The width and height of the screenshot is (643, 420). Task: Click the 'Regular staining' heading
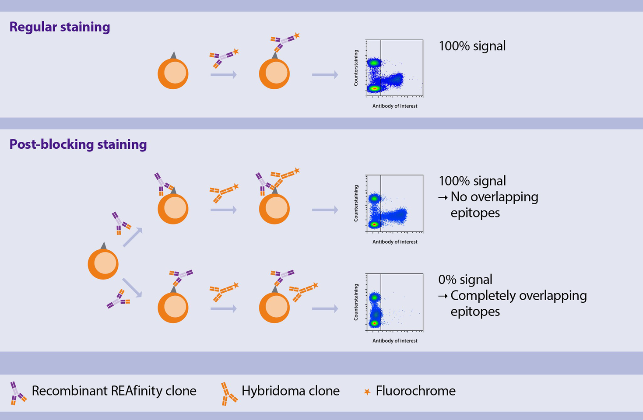(60, 27)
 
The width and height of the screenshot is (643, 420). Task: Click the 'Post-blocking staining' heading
(78, 144)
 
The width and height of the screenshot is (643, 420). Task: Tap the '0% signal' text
(465, 280)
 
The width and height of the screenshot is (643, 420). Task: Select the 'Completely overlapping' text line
(519, 296)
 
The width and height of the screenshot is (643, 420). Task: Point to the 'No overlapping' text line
(494, 197)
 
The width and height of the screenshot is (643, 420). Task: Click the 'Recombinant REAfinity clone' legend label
(114, 391)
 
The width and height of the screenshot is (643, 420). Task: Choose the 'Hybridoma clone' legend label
(290, 391)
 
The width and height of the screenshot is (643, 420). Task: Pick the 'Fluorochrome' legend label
(415, 391)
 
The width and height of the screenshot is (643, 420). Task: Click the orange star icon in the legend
(367, 392)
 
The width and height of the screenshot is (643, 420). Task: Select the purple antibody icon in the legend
(18, 393)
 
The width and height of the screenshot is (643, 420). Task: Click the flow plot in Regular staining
(395, 68)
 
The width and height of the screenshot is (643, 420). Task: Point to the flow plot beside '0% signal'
(395, 302)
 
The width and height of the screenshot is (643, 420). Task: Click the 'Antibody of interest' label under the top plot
(395, 106)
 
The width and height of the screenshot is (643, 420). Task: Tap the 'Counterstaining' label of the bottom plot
(356, 302)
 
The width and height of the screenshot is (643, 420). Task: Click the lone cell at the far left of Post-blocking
(103, 263)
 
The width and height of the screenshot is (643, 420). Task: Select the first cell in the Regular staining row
(173, 73)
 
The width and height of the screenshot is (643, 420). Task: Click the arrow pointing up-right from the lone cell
(132, 238)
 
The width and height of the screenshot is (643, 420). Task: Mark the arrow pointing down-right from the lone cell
(132, 287)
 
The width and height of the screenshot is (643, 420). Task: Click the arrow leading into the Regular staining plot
(325, 75)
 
